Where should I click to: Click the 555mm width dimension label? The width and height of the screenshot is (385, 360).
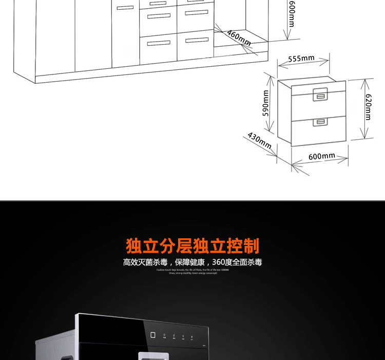(x=301, y=59)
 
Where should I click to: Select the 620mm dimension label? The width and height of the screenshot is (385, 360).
(x=368, y=107)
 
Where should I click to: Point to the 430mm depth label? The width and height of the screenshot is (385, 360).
(x=259, y=140)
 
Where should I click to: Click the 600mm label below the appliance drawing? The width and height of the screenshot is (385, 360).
(x=322, y=156)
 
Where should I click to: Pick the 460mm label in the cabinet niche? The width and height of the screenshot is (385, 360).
(x=239, y=37)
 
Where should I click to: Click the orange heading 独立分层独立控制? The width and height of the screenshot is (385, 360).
(x=192, y=246)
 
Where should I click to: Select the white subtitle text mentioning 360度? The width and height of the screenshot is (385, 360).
(x=192, y=262)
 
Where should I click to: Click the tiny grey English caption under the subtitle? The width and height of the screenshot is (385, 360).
(x=192, y=271)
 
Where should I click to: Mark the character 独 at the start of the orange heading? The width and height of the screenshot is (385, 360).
(x=134, y=246)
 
